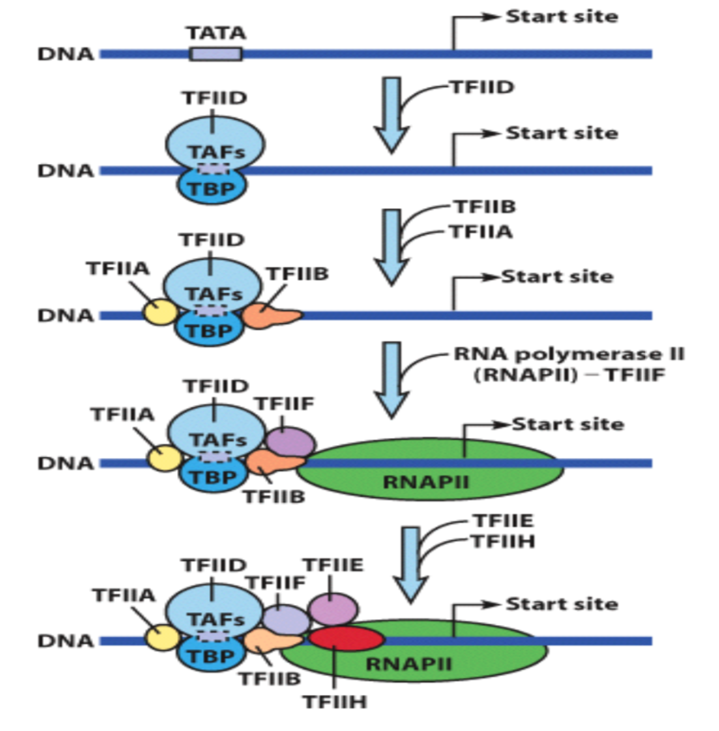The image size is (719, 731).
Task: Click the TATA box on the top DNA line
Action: (215, 54)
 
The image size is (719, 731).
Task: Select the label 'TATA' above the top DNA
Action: (216, 34)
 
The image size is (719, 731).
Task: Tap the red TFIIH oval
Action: (346, 640)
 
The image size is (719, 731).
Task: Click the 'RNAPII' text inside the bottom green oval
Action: (409, 664)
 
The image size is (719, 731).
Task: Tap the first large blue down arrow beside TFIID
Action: (392, 113)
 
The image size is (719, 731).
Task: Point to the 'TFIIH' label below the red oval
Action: (335, 702)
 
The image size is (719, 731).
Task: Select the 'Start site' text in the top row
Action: (561, 17)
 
